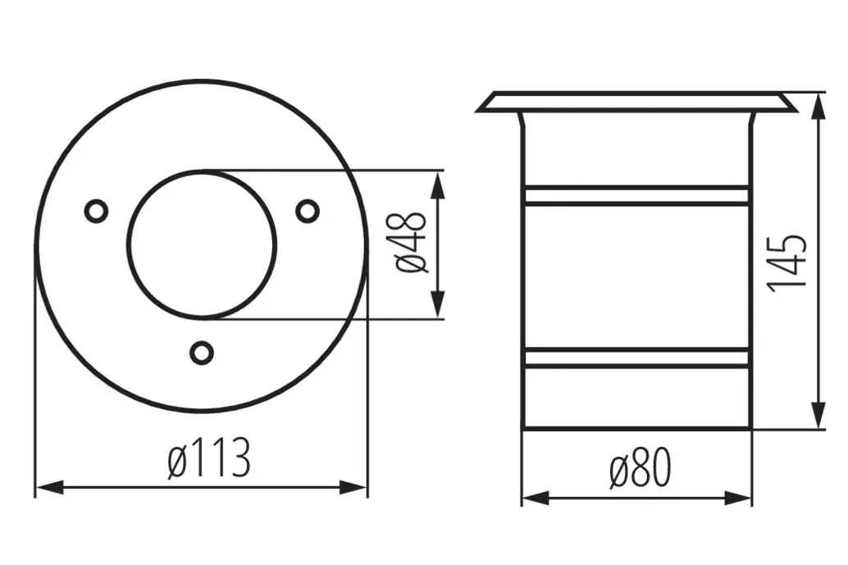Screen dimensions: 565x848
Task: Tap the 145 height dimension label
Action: coord(788,262)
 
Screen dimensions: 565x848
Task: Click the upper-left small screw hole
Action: coord(97,211)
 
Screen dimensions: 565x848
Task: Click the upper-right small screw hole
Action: coord(308,211)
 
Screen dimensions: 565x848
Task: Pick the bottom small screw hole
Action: coord(201,352)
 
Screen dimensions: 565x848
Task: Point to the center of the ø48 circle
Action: coord(202,243)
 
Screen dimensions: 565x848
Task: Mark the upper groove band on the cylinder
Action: coord(636,195)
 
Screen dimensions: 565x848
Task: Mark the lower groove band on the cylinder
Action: coord(636,358)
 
